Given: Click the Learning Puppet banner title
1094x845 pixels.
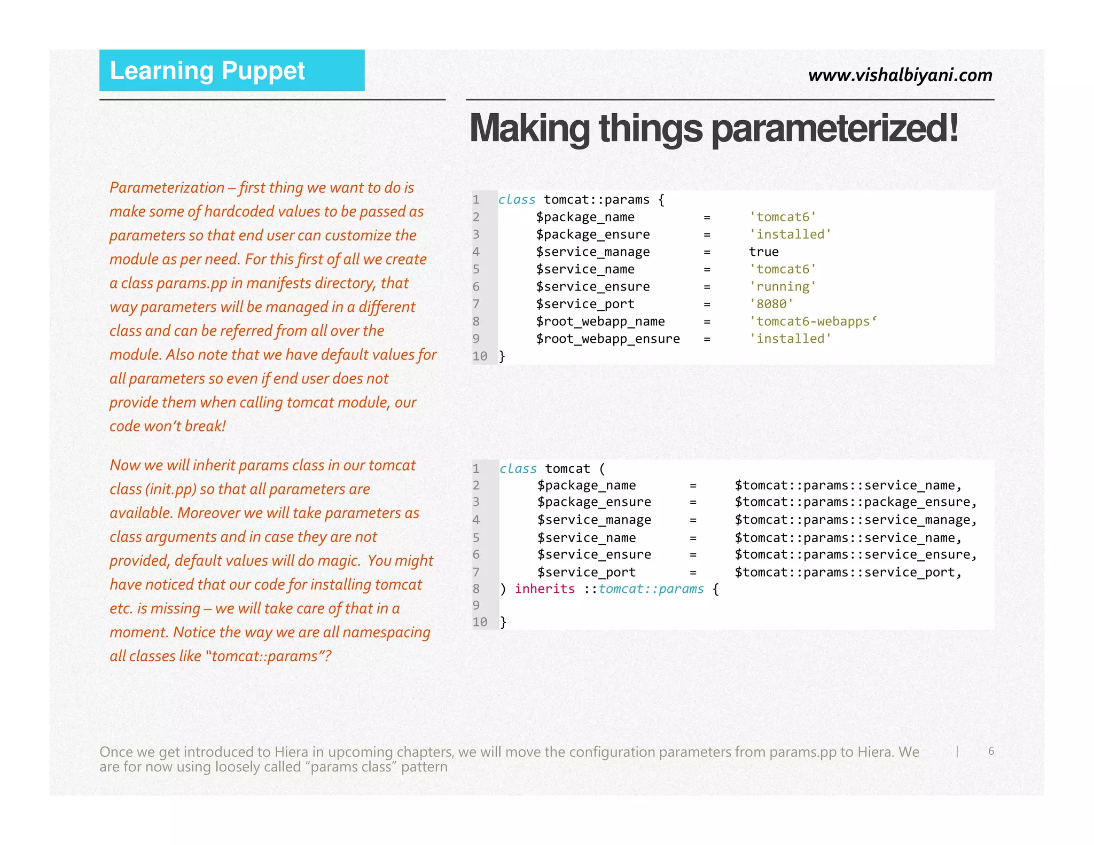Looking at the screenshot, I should point(207,71).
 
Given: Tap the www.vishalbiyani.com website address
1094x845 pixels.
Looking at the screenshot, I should point(900,75).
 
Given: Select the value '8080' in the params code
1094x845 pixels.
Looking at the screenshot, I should point(771,304).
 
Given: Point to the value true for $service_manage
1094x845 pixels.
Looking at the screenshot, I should point(763,252).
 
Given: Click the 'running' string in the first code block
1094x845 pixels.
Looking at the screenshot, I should point(783,287).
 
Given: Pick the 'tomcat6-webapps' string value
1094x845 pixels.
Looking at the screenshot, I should point(812,322).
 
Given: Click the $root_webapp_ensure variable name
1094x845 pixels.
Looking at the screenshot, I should point(608,339).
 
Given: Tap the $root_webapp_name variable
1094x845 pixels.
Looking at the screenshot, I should point(600,322).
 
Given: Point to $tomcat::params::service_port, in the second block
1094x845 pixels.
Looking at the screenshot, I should point(848,572).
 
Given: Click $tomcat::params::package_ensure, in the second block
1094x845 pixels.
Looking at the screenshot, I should point(856,502).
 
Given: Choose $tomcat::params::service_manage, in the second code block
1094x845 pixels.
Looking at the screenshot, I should point(856,520).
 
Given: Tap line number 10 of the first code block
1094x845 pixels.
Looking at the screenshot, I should point(480,356).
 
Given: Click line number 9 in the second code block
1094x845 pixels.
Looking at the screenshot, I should point(476,605).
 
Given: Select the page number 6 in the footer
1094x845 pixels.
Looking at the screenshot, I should point(991,751).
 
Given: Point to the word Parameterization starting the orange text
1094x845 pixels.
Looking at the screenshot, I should point(167,187).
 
